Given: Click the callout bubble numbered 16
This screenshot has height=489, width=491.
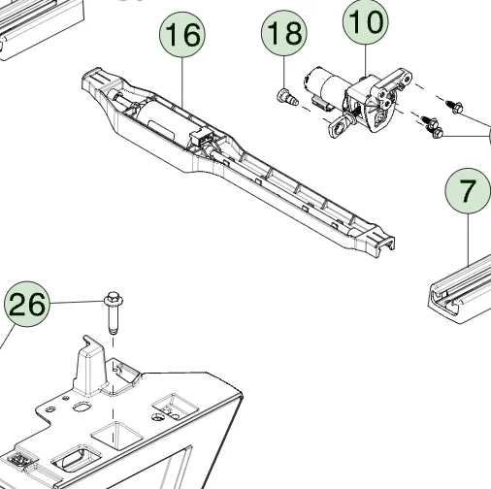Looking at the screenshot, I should (182, 36).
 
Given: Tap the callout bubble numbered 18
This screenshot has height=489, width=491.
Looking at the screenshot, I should (282, 35).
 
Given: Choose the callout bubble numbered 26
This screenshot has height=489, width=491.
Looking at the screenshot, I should (26, 306).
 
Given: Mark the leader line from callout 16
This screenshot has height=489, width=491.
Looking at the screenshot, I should (182, 78).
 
